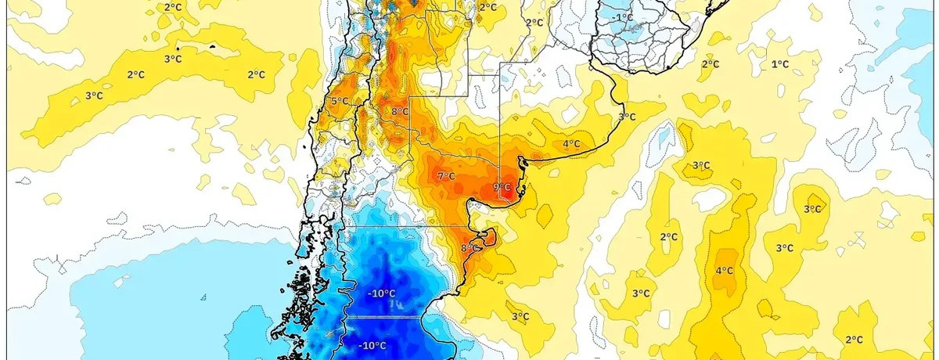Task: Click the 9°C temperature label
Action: pos(502,187)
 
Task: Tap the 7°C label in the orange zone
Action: pos(446,176)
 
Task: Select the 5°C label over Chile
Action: pos(339,102)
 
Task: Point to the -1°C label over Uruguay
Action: pos(624,17)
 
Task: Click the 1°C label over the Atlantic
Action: pos(779,64)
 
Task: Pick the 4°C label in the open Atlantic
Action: pos(725,271)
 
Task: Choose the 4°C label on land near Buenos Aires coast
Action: pos(571,143)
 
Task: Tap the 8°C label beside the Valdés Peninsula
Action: pos(468,248)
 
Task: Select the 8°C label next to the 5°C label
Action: pos(400,112)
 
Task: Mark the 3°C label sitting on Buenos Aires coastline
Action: pos(627,117)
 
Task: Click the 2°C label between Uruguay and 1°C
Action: pos(710,64)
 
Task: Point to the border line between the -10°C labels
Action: pos(383,317)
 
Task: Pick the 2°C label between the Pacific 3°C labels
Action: pos(135,74)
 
